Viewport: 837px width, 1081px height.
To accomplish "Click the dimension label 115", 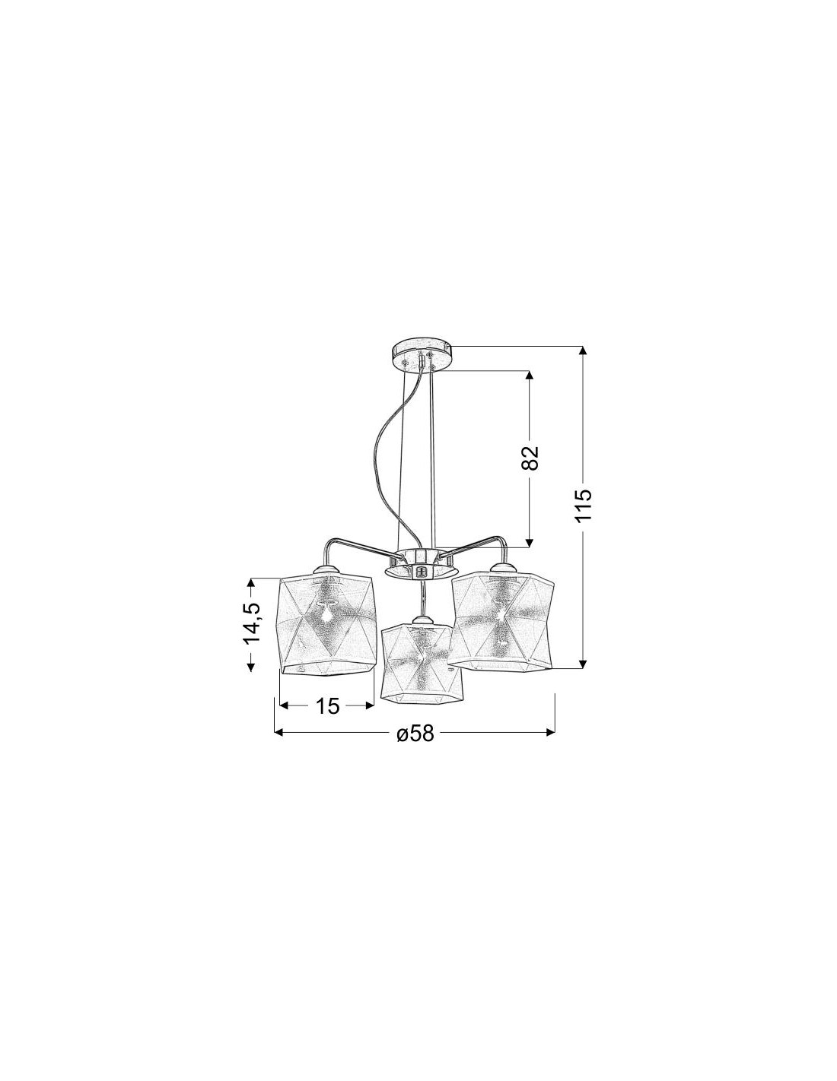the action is tap(583, 505).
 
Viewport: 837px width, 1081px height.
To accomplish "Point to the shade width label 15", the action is tap(327, 705).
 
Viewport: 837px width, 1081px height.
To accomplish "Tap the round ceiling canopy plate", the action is tap(422, 353).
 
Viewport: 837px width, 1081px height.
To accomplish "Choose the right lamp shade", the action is tap(501, 621).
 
